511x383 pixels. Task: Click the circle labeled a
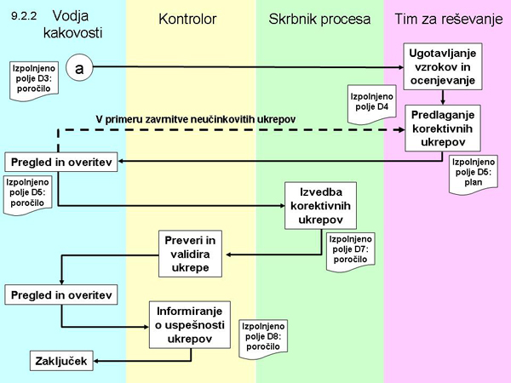(78, 66)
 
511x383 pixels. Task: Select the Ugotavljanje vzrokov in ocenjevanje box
(442, 66)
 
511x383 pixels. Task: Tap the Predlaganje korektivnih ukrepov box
(442, 129)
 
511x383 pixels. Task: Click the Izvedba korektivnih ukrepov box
(319, 205)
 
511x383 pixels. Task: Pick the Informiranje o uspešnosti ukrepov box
(192, 324)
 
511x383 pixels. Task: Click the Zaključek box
(61, 362)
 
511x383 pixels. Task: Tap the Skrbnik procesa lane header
(319, 18)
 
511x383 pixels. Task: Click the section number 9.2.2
(23, 16)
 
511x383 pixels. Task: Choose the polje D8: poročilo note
(265, 338)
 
